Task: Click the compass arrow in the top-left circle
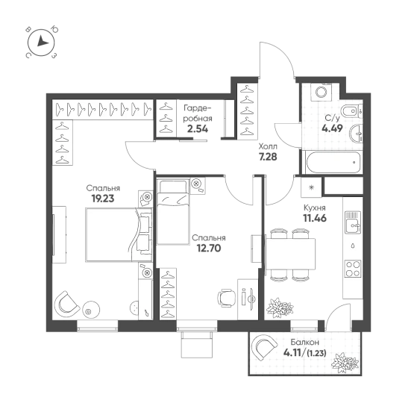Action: coord(42,42)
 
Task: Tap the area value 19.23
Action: coord(103,199)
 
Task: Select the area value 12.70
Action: coord(209,249)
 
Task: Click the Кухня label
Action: coord(315,208)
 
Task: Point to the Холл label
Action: coord(268,146)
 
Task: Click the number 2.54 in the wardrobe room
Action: coord(198,129)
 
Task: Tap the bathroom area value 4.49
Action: coord(332,128)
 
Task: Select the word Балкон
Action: coord(305,342)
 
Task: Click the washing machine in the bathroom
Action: coord(322,92)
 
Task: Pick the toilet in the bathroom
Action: coord(352,111)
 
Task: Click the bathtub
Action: coord(332,163)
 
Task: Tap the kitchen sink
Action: coord(353,222)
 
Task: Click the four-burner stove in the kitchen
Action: coord(353,268)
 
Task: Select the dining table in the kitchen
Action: coord(290,254)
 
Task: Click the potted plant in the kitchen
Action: coord(280,308)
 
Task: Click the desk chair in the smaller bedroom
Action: coord(227,299)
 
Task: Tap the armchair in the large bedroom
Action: coord(66,304)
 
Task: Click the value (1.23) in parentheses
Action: coord(316,354)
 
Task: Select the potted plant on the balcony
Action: coord(345,364)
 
